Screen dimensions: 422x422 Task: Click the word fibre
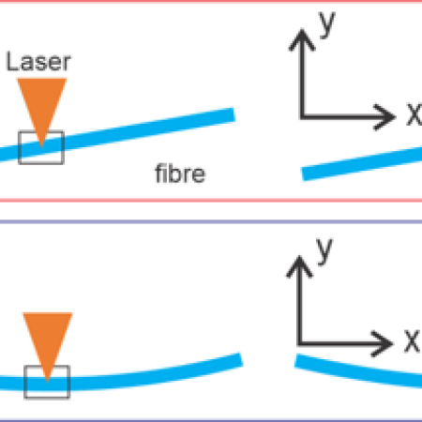tap(180, 174)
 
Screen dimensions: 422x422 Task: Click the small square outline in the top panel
tap(41, 147)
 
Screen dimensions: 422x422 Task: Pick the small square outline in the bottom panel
tap(47, 381)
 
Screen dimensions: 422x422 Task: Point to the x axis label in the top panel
tap(413, 114)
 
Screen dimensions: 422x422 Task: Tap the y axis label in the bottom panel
tap(326, 249)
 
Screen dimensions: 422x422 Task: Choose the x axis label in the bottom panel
tap(412, 339)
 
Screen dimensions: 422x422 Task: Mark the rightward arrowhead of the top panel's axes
tap(388, 116)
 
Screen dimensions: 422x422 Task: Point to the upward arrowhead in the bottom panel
tap(300, 264)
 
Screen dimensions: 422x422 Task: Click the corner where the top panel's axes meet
tap(301, 116)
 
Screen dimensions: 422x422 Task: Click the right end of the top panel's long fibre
tap(231, 113)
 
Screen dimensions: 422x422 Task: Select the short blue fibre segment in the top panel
tap(361, 162)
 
